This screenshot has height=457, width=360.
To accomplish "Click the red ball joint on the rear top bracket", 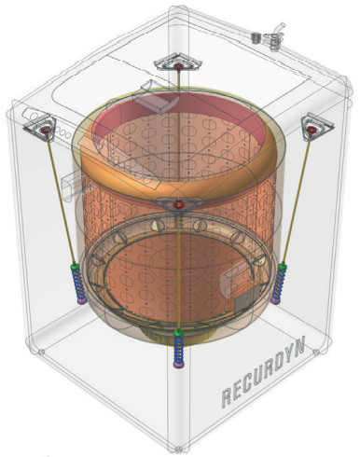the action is [x=178, y=65].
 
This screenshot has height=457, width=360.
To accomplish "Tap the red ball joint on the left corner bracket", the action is [x=46, y=130].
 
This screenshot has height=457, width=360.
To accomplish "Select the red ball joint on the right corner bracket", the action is [x=311, y=129].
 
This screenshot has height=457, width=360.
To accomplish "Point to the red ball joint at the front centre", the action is [x=179, y=203].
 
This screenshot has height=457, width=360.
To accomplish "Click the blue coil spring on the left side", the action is [x=77, y=284].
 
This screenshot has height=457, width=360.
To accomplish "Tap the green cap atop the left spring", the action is [x=75, y=266].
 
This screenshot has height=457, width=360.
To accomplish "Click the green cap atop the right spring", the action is [x=283, y=266].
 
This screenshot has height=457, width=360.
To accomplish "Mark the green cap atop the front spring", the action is [x=178, y=333].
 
